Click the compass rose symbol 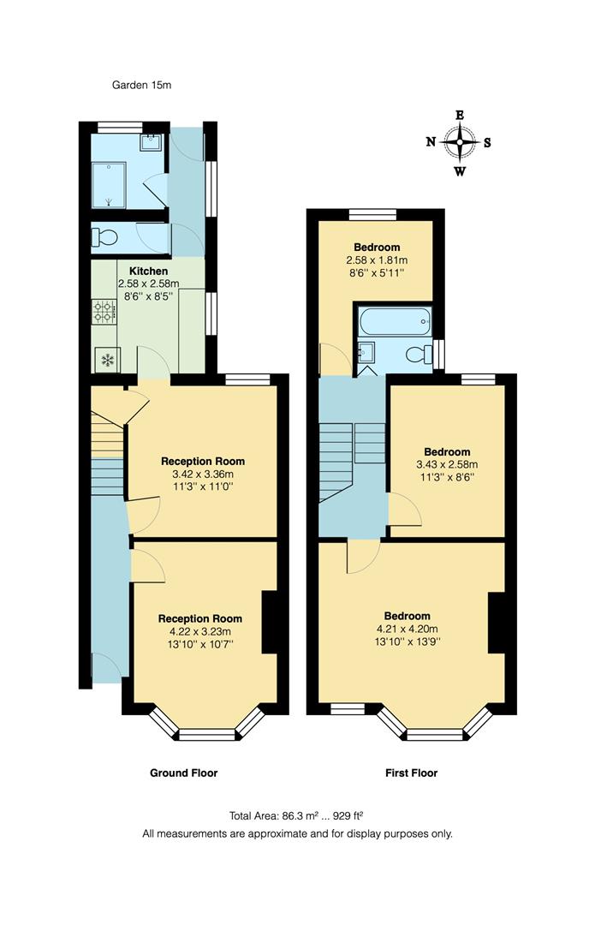(460, 143)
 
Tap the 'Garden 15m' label (143, 85)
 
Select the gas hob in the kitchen (104, 312)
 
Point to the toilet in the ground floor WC (108, 238)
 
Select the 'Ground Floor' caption (183, 773)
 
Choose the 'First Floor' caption (411, 773)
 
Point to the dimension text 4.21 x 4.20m (407, 630)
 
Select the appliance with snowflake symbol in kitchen (108, 360)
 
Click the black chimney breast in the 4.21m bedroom (494, 623)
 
